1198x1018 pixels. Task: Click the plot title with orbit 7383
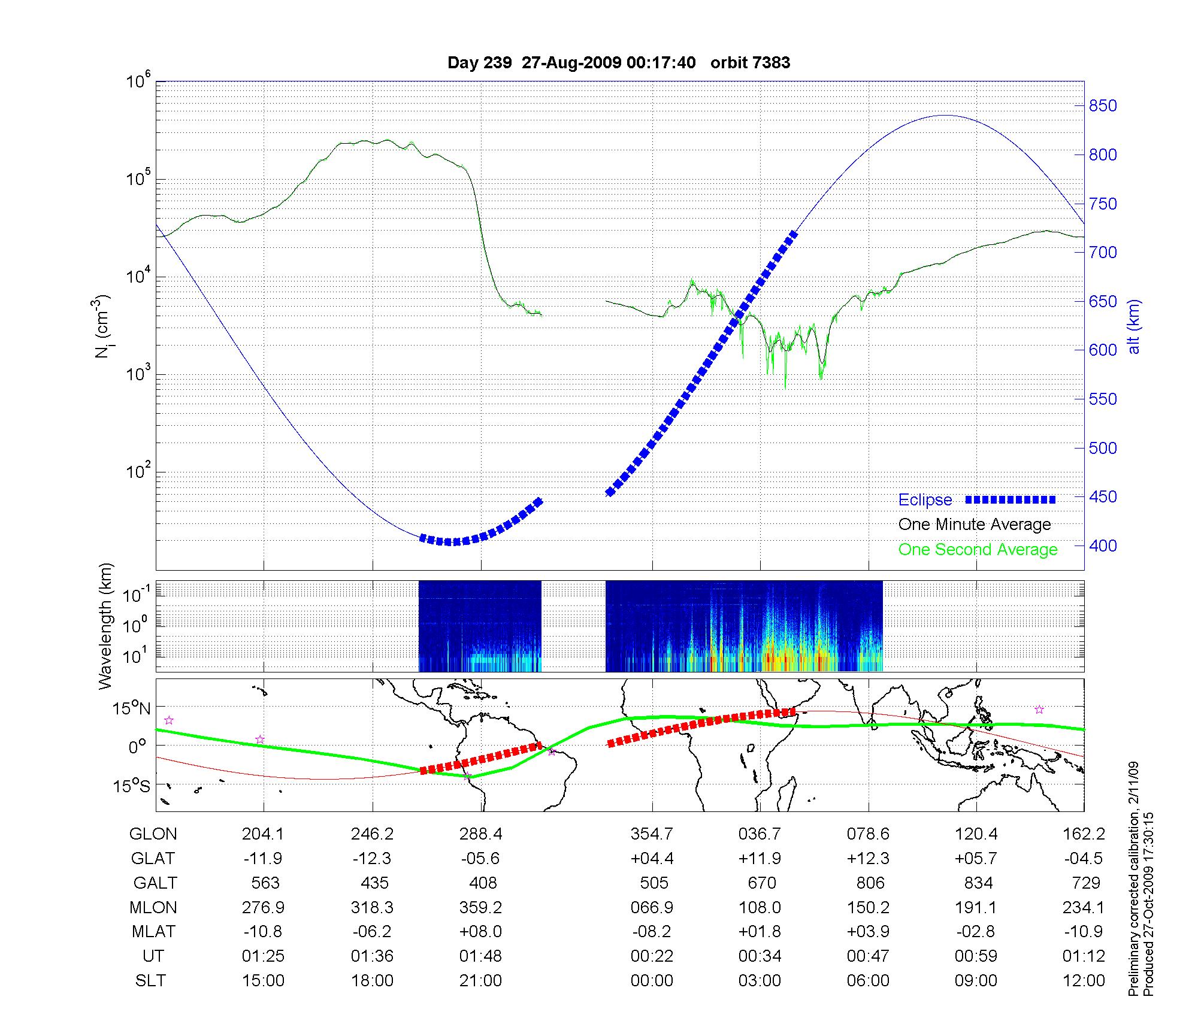pos(619,63)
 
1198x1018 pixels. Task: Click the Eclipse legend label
pos(925,500)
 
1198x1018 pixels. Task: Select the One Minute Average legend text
pos(975,525)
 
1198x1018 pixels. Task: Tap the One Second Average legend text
pos(978,550)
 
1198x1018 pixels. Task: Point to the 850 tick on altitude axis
pos(1103,106)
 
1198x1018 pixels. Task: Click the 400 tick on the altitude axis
pos(1103,546)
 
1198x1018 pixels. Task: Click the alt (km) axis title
pos(1135,326)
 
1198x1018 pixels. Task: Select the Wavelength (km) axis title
pos(105,626)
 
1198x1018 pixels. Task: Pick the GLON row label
pos(153,834)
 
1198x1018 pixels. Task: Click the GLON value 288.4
pos(480,834)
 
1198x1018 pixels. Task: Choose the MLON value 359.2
pos(480,908)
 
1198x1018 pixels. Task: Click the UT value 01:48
pos(480,956)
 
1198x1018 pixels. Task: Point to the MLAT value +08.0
pos(480,932)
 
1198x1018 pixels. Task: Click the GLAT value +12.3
pos(869,859)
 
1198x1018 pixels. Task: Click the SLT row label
pos(150,981)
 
